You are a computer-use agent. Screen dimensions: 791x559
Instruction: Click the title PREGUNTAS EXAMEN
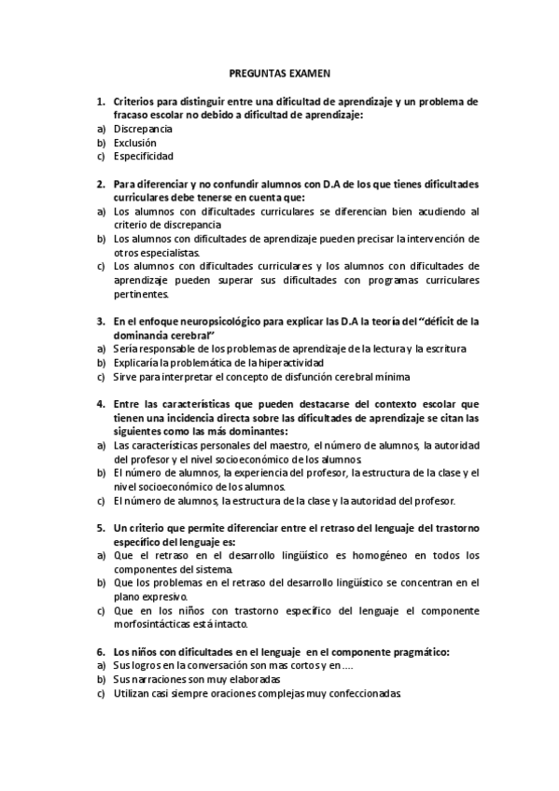280,71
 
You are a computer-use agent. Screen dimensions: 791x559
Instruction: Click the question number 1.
99,100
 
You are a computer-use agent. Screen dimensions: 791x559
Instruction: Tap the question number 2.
99,185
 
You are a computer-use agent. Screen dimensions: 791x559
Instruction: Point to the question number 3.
99,321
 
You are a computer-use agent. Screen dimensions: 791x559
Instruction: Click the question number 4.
99,404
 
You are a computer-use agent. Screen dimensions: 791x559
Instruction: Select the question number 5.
99,529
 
